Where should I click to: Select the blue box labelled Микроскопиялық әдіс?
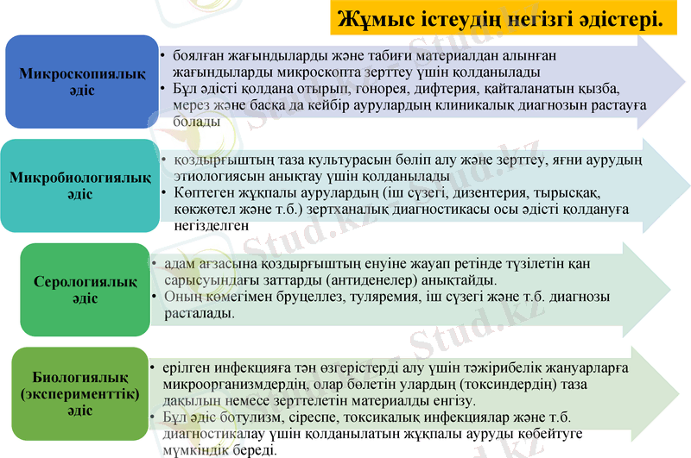point(82,82)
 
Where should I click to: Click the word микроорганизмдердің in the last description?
point(246,385)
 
